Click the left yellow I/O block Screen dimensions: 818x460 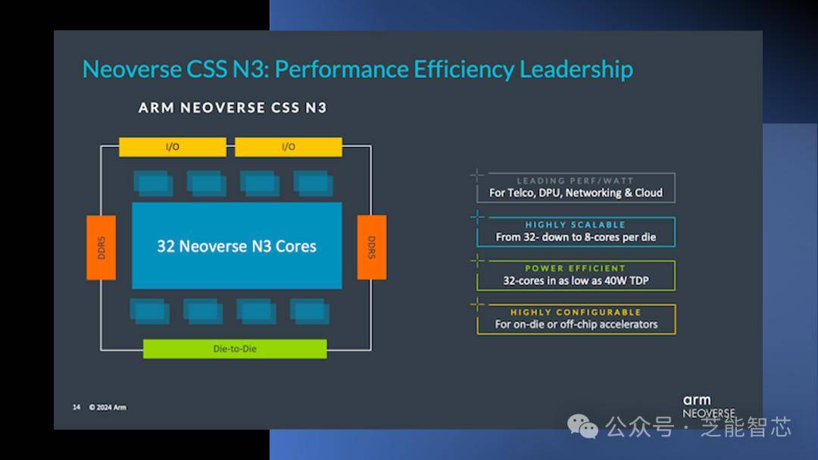point(173,147)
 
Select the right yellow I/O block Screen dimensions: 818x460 point(289,147)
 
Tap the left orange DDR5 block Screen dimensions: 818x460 point(101,248)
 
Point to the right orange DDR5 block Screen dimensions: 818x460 point(371,248)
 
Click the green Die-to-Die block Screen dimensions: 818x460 point(235,349)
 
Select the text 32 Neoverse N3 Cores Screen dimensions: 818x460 point(237,246)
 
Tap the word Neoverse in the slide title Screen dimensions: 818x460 point(132,70)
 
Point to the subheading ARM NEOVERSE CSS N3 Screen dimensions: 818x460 point(233,108)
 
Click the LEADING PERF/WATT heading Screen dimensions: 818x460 point(575,180)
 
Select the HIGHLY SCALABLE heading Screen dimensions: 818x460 point(575,224)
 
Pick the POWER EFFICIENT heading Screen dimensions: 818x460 point(575,268)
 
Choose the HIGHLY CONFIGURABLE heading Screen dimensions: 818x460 point(576,312)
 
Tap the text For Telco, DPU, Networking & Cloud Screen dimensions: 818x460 point(576,193)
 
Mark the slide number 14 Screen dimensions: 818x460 point(76,407)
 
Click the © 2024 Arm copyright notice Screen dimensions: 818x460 point(108,407)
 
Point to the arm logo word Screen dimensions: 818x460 point(697,400)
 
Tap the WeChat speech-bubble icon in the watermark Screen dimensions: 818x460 point(582,427)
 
